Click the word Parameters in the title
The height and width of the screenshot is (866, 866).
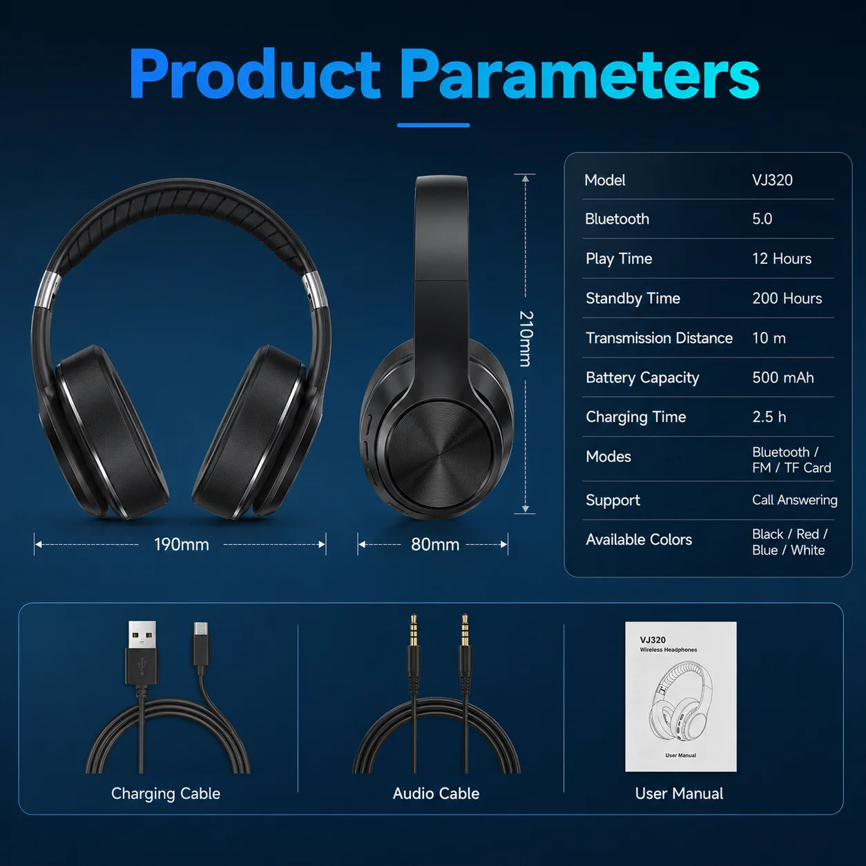coord(579,74)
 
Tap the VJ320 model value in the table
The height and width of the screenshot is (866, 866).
coord(772,180)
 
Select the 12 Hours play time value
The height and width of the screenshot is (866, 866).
coord(782,258)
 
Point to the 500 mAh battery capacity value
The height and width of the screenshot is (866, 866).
coord(783,378)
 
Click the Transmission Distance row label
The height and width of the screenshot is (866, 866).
coord(659,338)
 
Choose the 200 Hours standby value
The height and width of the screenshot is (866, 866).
coord(787,298)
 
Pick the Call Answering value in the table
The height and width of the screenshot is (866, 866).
coord(795,500)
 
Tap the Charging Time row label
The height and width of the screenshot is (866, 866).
coord(635,417)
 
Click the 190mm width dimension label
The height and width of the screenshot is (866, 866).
coord(182,545)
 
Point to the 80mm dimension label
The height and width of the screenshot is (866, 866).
coord(435,545)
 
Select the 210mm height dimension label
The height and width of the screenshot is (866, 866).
coord(526,338)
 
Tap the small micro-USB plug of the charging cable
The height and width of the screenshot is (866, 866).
coord(201,644)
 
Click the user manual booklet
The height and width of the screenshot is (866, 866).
coord(680,697)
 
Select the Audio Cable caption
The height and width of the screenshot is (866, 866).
coord(436,793)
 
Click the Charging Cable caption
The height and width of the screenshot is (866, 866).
coord(166,793)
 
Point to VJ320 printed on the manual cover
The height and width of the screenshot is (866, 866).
coord(653,640)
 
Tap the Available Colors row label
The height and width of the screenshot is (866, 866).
coord(639,539)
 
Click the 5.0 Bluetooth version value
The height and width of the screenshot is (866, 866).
coord(762,219)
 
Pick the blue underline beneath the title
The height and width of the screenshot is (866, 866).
coord(433,126)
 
